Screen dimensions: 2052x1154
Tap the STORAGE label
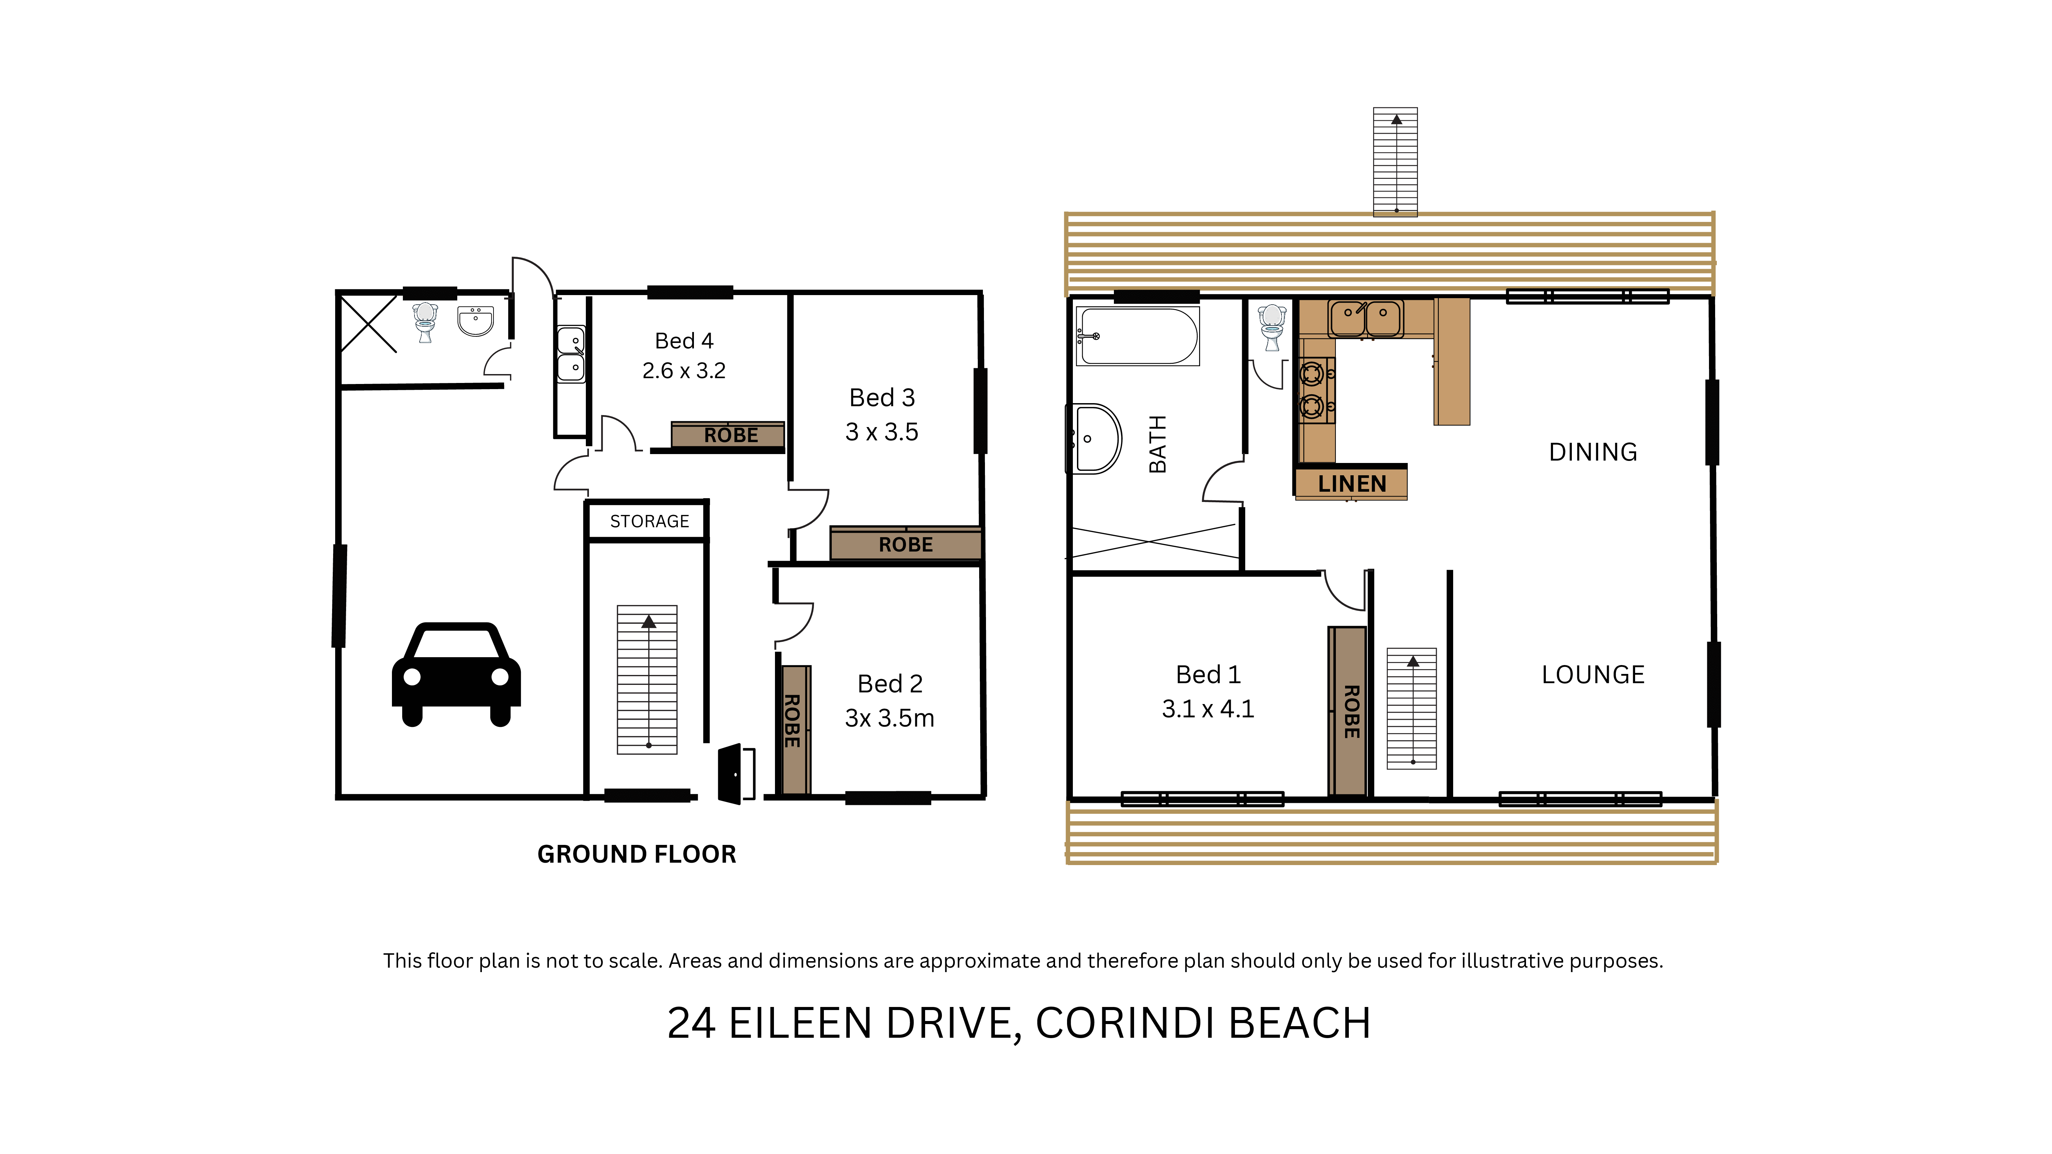649,522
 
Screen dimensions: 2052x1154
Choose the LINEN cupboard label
1352,483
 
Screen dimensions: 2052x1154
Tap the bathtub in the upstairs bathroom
1137,336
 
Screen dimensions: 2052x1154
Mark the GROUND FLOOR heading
636,854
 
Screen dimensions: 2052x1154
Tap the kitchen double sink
1365,319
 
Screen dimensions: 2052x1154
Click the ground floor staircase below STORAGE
647,679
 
